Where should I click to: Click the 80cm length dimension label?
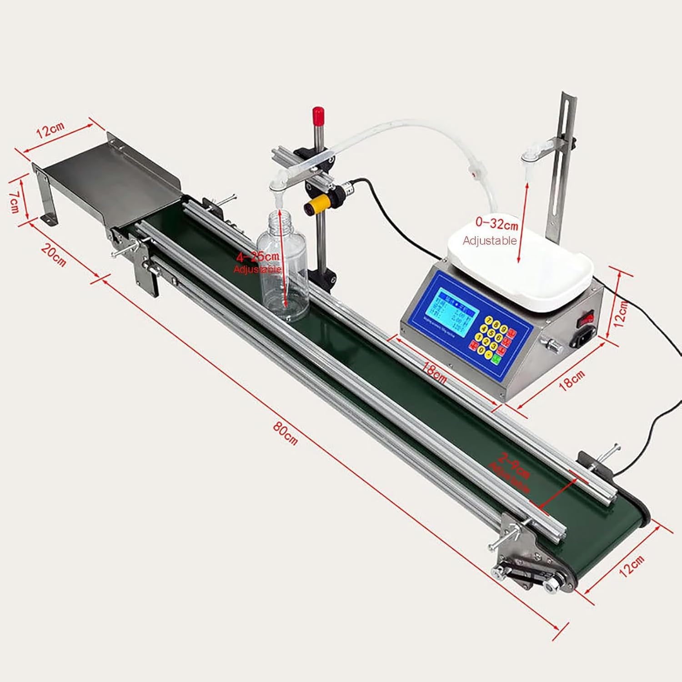click(285, 434)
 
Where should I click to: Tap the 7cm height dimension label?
click(15, 201)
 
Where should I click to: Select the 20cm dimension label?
click(54, 255)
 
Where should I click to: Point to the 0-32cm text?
click(496, 224)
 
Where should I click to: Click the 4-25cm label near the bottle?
click(257, 257)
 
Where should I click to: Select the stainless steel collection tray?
click(109, 182)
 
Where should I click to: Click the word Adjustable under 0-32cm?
click(490, 240)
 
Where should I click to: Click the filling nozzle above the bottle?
click(276, 187)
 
